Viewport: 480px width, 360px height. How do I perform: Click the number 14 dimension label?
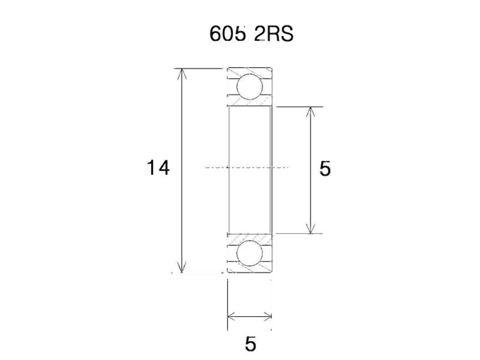158,168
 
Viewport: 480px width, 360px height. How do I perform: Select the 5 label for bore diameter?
325,169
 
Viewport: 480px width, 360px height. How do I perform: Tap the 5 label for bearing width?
250,344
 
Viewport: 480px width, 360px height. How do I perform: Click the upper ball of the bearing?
250,87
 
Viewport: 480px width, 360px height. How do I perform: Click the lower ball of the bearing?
250,254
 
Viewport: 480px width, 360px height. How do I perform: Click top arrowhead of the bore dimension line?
310,112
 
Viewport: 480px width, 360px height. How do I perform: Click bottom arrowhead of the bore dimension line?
310,229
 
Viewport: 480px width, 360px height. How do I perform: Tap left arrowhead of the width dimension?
231,316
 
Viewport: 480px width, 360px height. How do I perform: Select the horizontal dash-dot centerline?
246,167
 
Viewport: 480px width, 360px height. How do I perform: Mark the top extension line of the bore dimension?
300,107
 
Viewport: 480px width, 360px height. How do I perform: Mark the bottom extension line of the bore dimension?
300,233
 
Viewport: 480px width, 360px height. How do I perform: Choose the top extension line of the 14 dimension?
198,68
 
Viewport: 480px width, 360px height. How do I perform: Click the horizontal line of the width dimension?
250,316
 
